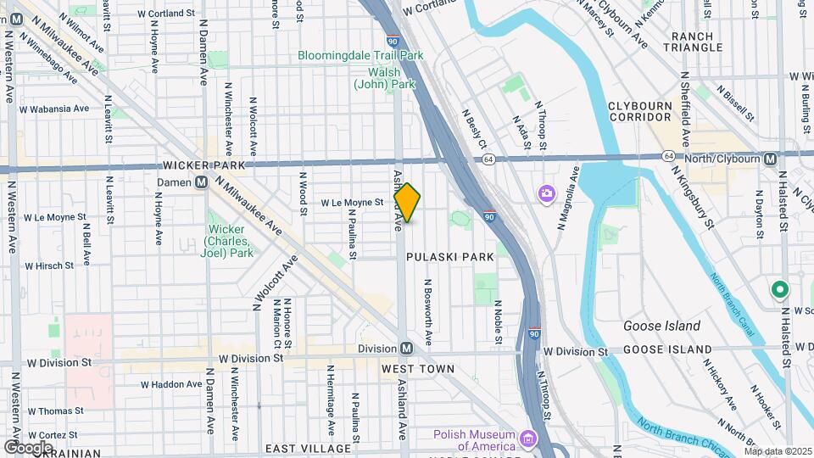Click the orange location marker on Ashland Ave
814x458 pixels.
tap(407, 203)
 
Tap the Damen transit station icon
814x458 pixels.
tap(203, 182)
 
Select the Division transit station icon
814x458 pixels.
tap(407, 349)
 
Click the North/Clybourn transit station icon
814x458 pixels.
tap(770, 159)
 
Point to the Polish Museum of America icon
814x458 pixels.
tap(529, 438)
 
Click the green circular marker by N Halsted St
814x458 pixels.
tap(778, 291)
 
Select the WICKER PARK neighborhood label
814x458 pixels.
tap(210, 165)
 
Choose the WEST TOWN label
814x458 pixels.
tap(418, 369)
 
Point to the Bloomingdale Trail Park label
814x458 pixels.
tap(360, 56)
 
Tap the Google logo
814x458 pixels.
tap(28, 447)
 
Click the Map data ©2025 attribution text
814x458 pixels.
tap(778, 451)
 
